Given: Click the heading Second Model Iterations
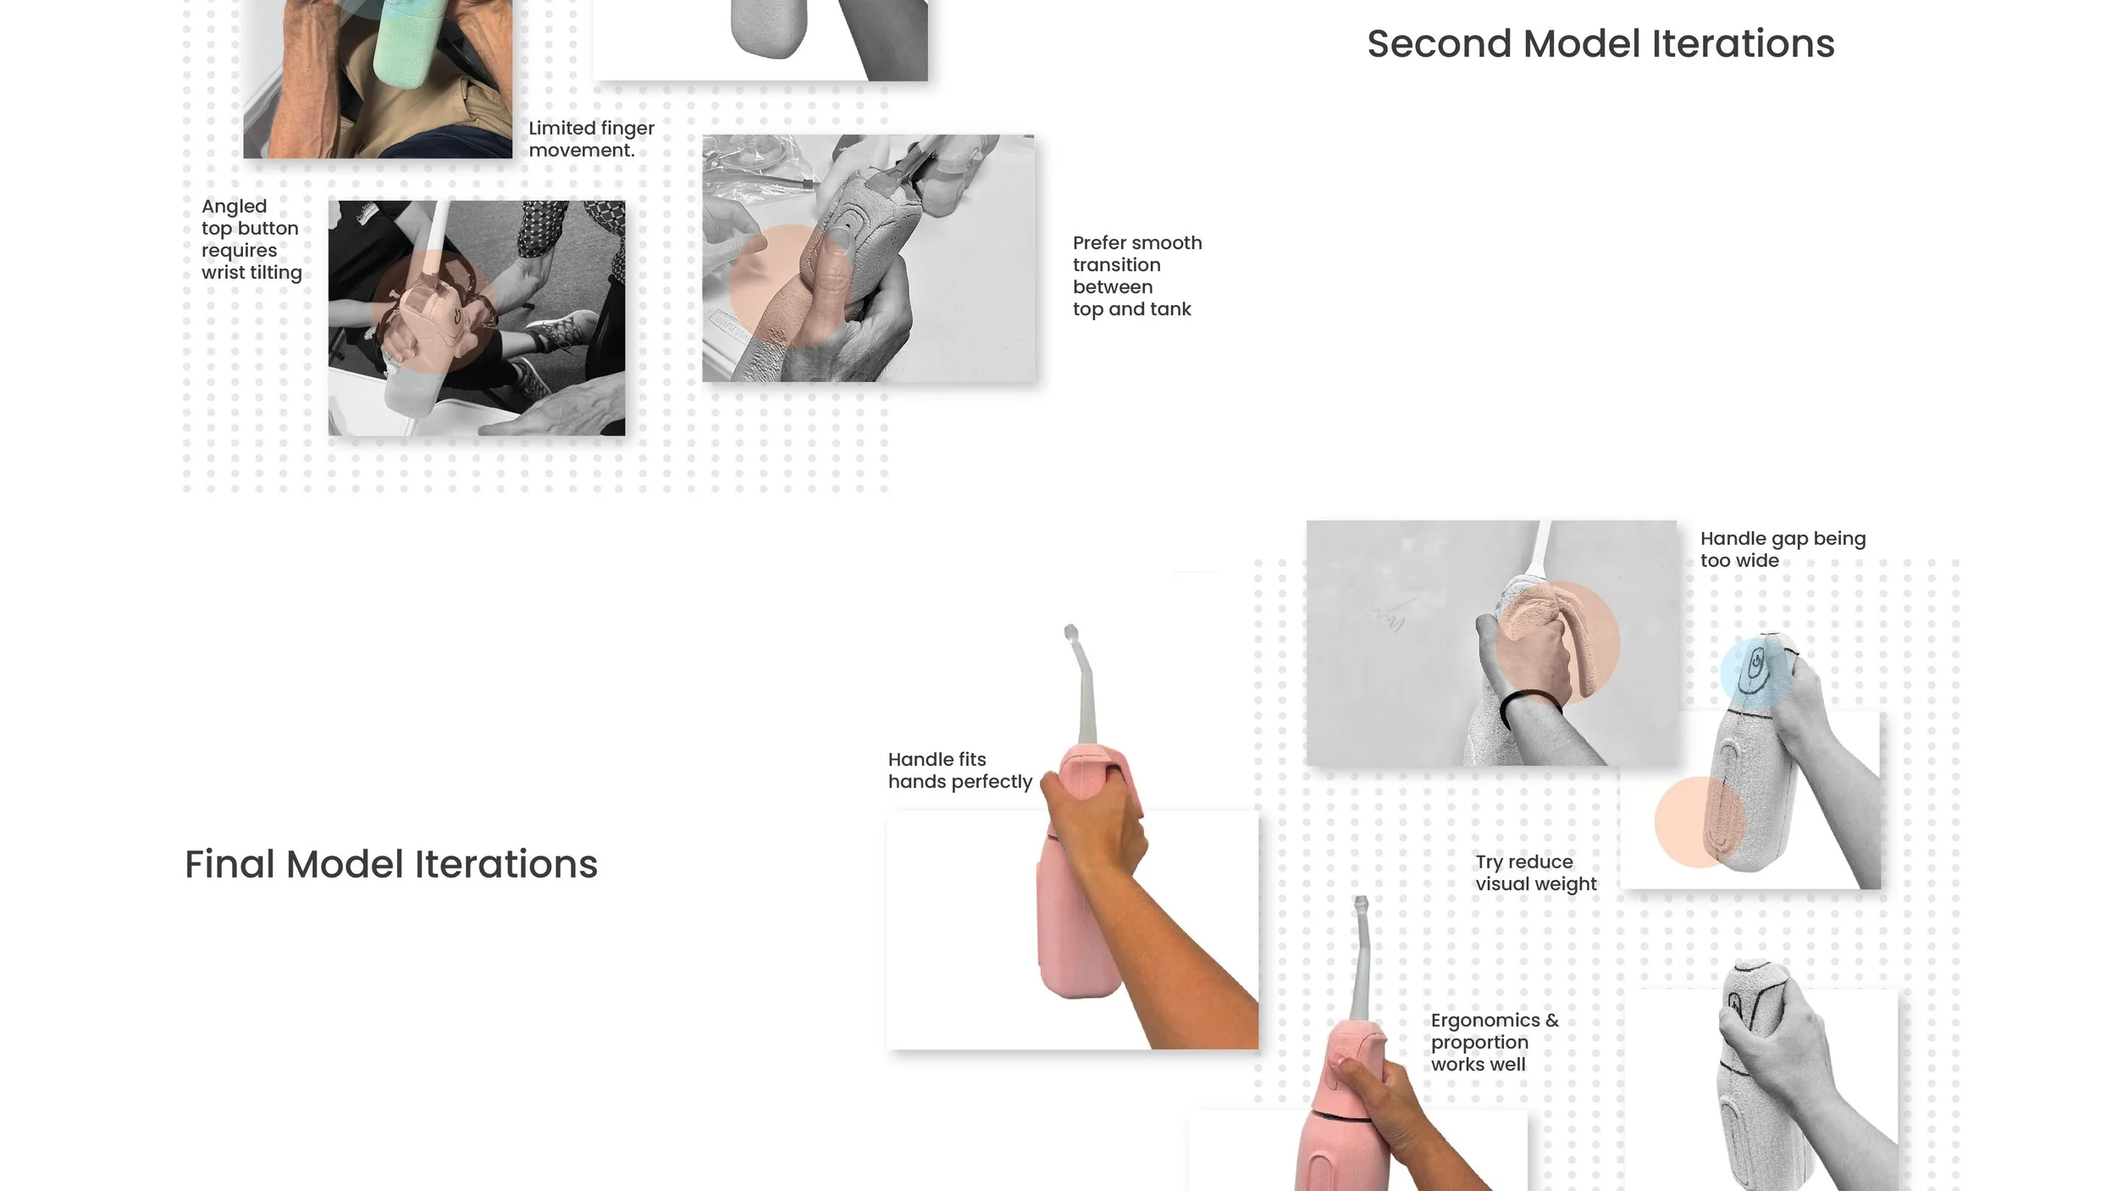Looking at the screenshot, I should pos(1600,44).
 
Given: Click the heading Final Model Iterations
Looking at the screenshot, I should pos(391,865).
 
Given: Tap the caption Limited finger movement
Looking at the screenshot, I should pos(591,139).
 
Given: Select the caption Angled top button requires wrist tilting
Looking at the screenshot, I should pos(251,240).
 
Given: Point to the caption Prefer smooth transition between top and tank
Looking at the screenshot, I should pos(1136,276).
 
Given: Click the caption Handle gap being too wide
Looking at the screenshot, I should pos(1782,550).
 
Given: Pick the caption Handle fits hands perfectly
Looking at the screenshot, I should pos(959,771).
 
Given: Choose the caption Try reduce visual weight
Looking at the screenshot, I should pos(1535,873).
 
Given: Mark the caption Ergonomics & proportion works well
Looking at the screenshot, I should pos(1494,1043).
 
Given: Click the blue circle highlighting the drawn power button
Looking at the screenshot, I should pos(1755,670).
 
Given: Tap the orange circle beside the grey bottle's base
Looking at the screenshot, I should pos(1699,821).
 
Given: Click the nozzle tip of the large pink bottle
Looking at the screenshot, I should pos(1070,632).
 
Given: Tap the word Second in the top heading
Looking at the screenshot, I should pos(1439,44).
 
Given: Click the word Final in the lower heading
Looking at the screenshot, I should pos(229,865).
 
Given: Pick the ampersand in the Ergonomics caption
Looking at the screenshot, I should pos(1551,1021).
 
